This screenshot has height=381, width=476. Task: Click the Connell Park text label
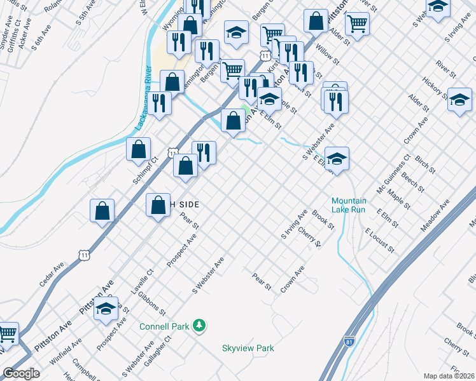164,326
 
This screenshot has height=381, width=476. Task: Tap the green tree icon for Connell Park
200,326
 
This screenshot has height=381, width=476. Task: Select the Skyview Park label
248,348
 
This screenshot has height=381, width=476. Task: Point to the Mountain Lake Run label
349,204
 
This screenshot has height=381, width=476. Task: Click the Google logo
21,373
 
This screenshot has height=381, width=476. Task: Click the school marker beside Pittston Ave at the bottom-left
106,310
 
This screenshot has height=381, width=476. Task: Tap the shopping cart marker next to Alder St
358,24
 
